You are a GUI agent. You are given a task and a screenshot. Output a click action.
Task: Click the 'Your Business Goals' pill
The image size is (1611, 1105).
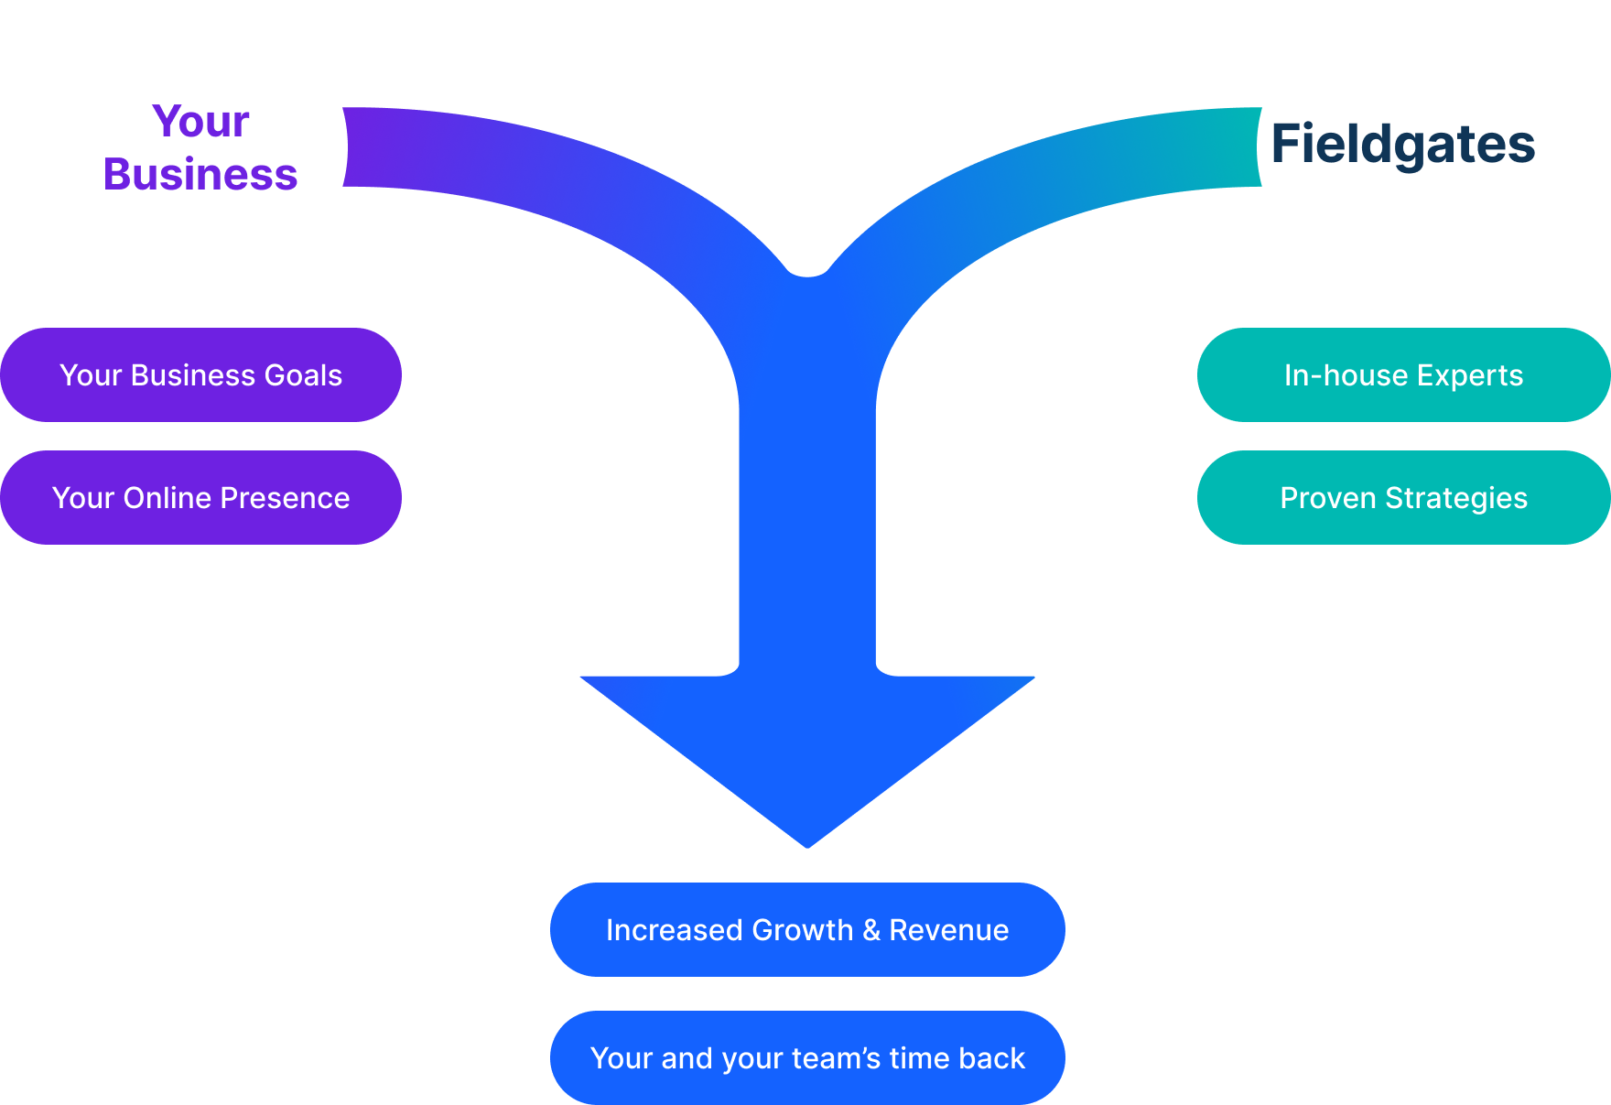(200, 375)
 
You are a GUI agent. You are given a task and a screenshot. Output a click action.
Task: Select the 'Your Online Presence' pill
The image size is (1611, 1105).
(200, 498)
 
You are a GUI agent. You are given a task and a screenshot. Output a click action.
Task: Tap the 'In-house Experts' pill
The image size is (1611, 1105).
(1403, 375)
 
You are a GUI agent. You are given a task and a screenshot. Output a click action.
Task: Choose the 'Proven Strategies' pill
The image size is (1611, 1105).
(1403, 498)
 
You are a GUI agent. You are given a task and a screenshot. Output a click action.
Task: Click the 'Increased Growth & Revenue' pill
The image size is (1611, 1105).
(807, 930)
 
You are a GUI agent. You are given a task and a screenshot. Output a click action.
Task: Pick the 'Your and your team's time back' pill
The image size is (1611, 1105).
(807, 1058)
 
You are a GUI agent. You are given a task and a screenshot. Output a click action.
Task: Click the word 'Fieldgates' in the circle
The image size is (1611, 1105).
(1403, 145)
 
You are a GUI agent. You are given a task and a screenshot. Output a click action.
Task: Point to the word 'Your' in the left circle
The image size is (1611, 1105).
(200, 122)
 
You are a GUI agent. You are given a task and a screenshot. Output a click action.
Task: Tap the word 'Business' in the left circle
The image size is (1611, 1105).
(200, 175)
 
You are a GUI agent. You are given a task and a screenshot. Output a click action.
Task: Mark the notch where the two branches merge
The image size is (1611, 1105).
(807, 273)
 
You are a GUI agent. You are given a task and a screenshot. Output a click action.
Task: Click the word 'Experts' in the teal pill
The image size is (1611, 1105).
(1470, 375)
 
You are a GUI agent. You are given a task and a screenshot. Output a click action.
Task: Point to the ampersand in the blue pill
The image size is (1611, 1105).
(871, 930)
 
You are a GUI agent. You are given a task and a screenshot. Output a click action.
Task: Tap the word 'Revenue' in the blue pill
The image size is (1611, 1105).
(949, 930)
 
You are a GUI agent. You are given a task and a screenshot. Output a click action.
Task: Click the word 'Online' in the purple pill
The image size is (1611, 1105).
(168, 498)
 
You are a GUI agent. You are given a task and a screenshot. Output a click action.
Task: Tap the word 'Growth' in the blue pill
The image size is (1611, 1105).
(802, 930)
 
